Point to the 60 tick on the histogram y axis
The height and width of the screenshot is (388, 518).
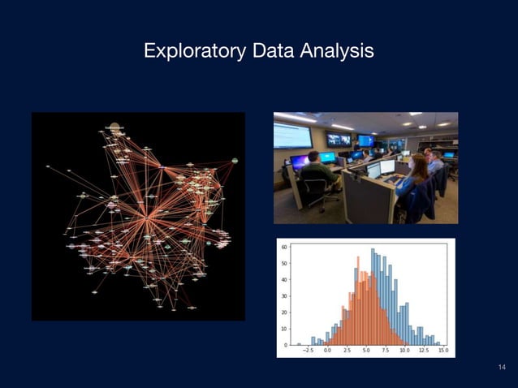(x=283, y=247)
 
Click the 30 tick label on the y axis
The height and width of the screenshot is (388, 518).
(x=283, y=296)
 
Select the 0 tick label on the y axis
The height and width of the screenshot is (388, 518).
(x=284, y=345)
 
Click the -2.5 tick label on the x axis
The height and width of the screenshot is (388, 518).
(x=309, y=352)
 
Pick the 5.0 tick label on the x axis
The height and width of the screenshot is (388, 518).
(x=366, y=352)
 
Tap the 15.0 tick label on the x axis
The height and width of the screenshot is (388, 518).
(x=442, y=352)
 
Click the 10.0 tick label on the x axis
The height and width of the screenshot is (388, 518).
(x=404, y=352)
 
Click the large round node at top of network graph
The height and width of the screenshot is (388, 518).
(x=114, y=128)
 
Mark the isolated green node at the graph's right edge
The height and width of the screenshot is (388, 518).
(x=235, y=161)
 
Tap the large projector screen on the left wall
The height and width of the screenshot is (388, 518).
(x=291, y=135)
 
